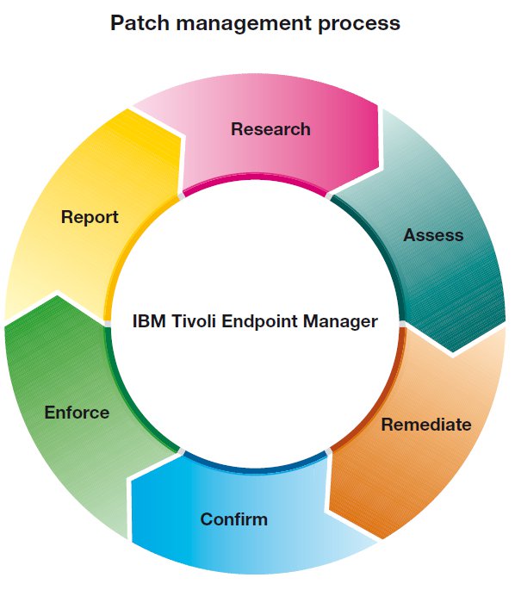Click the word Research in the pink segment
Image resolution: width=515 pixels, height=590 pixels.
pyautogui.click(x=270, y=129)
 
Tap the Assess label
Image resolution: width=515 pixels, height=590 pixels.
pyautogui.click(x=433, y=235)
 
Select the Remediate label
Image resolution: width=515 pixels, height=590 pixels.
pyautogui.click(x=426, y=425)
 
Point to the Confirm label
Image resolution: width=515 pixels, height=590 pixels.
pyautogui.click(x=233, y=519)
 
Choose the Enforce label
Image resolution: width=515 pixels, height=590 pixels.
pyautogui.click(x=77, y=413)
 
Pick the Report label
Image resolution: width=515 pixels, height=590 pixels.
pyautogui.click(x=90, y=217)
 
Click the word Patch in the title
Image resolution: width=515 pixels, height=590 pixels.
pyautogui.click(x=135, y=23)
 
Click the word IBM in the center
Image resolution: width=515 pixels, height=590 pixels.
pyautogui.click(x=148, y=321)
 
